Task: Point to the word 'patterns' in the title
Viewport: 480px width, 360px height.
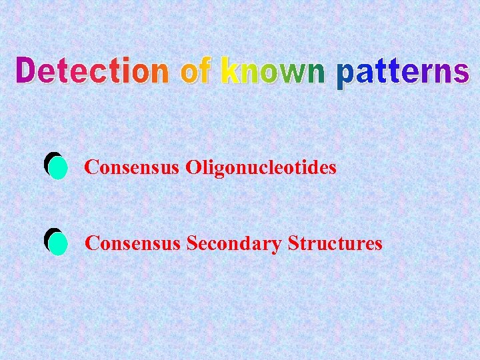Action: point(403,73)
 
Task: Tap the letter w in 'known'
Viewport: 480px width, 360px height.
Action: point(289,73)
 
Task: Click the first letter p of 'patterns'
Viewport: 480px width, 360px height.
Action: point(345,76)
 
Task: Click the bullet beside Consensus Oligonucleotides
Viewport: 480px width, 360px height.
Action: point(56,167)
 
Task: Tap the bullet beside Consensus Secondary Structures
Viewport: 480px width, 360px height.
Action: point(56,243)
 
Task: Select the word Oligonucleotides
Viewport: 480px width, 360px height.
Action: point(261,167)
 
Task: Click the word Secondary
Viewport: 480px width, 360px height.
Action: point(234,244)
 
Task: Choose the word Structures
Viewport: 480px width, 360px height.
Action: point(335,243)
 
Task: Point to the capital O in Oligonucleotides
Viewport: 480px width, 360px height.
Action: point(193,167)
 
